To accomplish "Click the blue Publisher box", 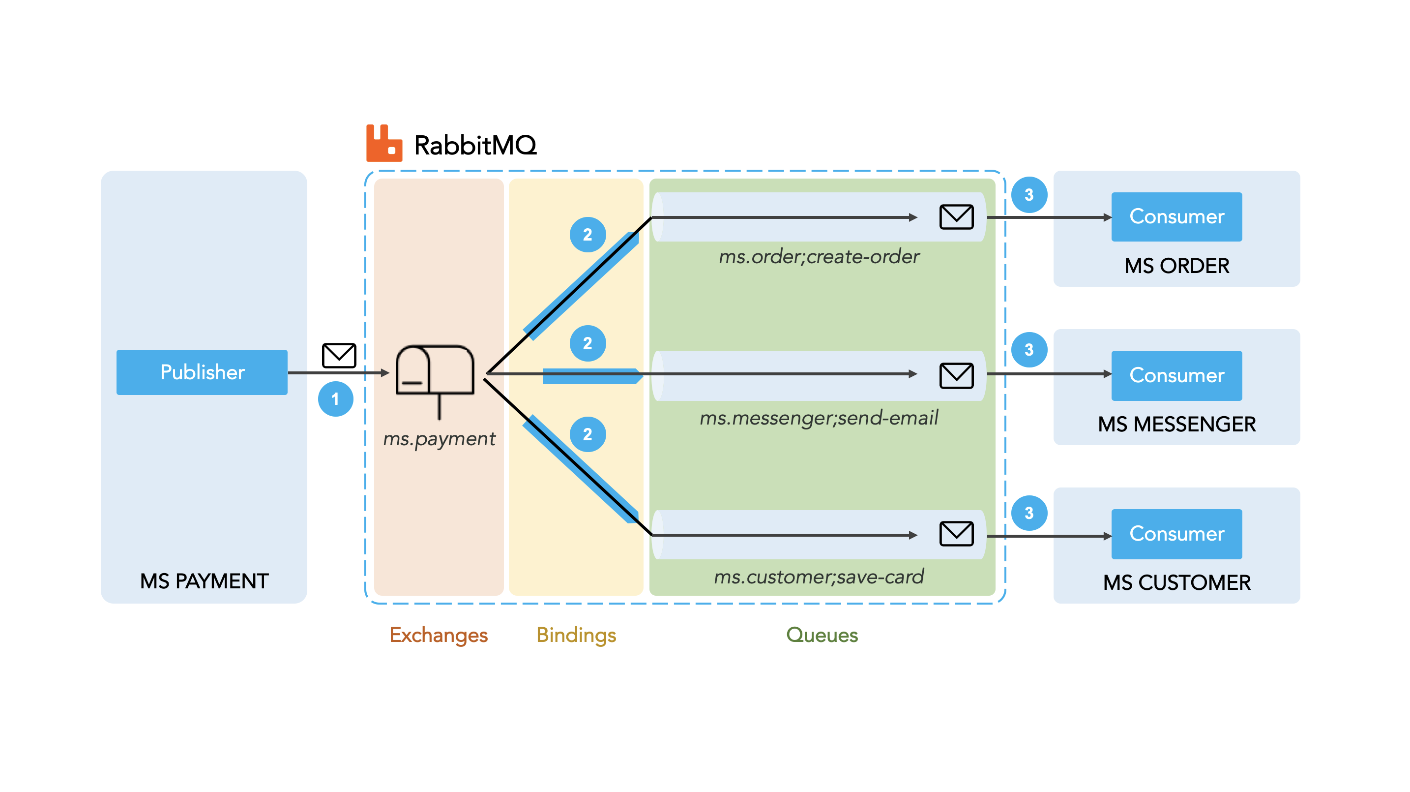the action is point(202,372).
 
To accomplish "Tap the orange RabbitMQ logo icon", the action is point(384,143).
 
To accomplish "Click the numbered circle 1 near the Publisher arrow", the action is point(335,399).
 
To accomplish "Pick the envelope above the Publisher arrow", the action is point(339,356).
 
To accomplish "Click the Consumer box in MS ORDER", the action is point(1177,217).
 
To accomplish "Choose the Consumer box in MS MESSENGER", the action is point(1177,376).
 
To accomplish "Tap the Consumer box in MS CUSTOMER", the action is point(1177,534).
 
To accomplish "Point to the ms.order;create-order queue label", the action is point(820,256).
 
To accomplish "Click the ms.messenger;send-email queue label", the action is point(820,418).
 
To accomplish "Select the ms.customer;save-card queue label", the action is point(820,577).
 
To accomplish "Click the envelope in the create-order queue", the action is point(957,217).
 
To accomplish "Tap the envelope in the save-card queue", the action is point(957,534).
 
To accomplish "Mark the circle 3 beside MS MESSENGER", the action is point(1029,350).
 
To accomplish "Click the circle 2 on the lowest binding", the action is point(588,434).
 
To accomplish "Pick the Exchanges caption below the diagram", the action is point(439,635).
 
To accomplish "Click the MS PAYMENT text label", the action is point(204,581).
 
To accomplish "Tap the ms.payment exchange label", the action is point(439,439).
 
